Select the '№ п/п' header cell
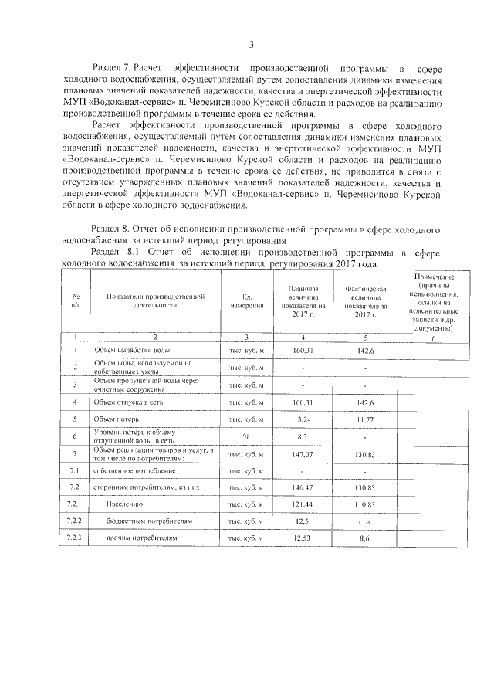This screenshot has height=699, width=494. click(76, 301)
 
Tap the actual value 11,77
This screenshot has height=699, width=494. click(364, 419)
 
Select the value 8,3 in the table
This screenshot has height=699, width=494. click(303, 436)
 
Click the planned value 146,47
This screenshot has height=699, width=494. click(303, 488)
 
